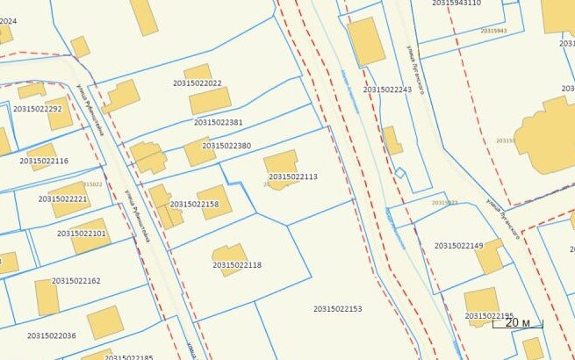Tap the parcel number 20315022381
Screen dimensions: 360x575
click(x=219, y=123)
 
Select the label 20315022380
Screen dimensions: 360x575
click(x=226, y=146)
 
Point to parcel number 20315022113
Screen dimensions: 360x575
click(x=293, y=177)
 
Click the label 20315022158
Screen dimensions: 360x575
click(x=194, y=205)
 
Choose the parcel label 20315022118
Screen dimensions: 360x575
click(x=237, y=265)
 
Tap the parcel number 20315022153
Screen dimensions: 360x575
click(x=338, y=309)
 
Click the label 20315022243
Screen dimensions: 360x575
click(x=387, y=90)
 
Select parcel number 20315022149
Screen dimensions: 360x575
click(x=459, y=246)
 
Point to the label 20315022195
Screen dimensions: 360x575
click(x=489, y=316)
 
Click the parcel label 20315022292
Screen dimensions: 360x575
click(x=38, y=110)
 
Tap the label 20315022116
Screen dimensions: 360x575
click(x=44, y=162)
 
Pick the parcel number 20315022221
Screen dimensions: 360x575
click(x=63, y=199)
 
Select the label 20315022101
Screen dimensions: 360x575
click(x=82, y=234)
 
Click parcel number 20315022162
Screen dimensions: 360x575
click(x=76, y=281)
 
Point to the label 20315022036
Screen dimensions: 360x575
click(x=52, y=335)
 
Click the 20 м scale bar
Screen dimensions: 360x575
click(x=518, y=324)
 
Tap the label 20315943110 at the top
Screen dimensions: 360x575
click(x=456, y=4)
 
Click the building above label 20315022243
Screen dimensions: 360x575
click(x=366, y=41)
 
